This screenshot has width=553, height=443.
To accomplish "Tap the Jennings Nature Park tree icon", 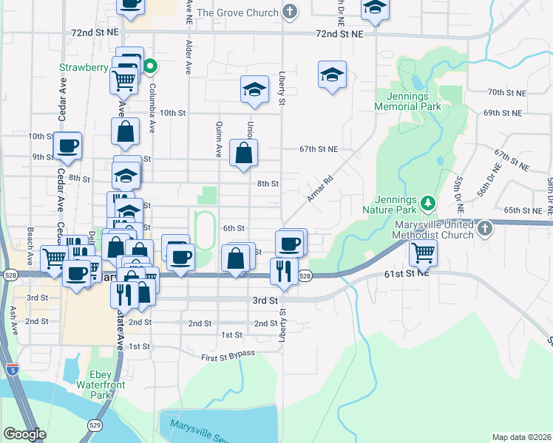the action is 427,202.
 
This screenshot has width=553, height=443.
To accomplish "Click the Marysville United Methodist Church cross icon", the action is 484,227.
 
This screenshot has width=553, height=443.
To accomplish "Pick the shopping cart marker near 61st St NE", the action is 423,253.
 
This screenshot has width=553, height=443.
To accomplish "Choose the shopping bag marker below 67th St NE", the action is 243,154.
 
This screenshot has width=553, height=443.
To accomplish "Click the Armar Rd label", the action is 319,188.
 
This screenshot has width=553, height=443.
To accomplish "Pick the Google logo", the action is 24,433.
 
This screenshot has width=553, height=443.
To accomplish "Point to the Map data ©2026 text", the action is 521,437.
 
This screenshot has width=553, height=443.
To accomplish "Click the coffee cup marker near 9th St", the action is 67,146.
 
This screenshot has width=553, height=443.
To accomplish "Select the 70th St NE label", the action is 505,92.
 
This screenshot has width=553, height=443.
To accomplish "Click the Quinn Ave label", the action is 219,140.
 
